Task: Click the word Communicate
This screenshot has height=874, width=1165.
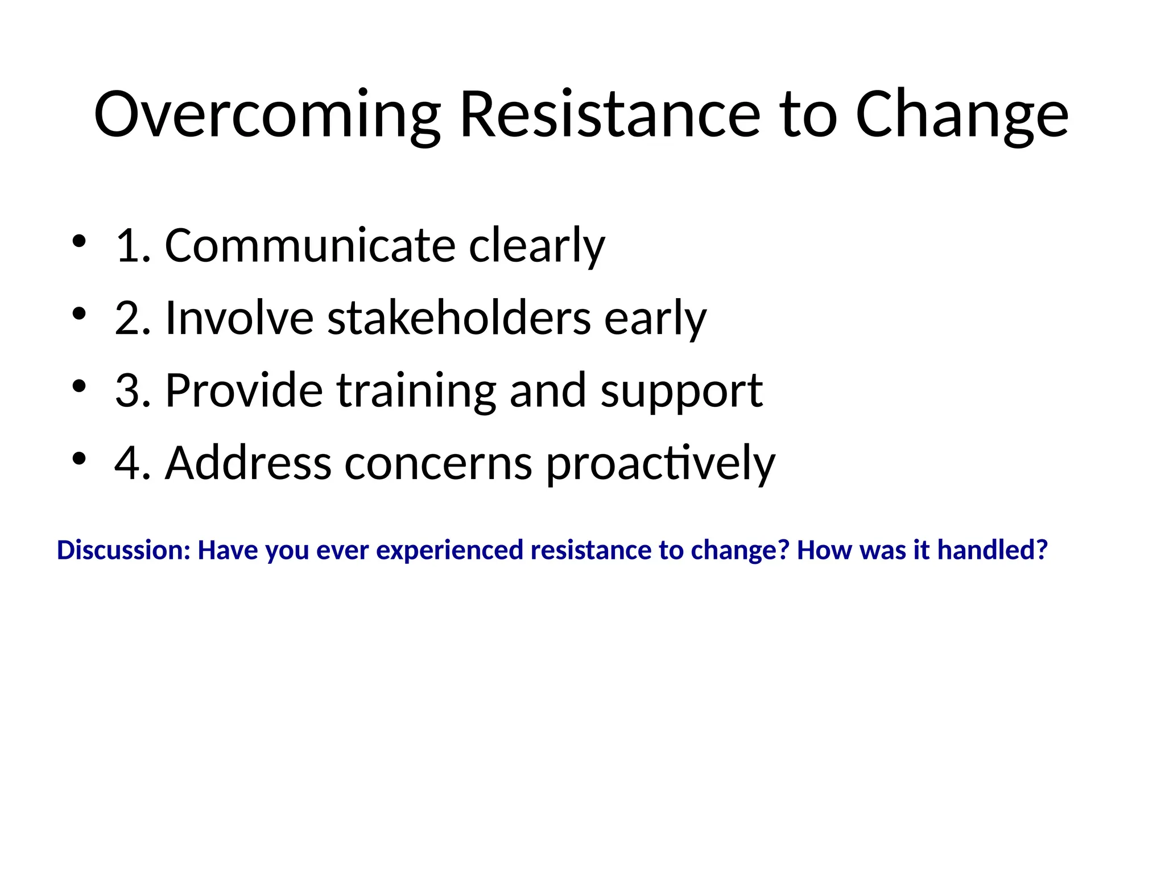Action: point(310,245)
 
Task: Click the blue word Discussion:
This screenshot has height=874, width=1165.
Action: point(123,550)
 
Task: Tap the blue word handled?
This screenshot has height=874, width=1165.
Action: point(992,550)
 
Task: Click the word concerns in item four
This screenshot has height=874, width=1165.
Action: point(438,464)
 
